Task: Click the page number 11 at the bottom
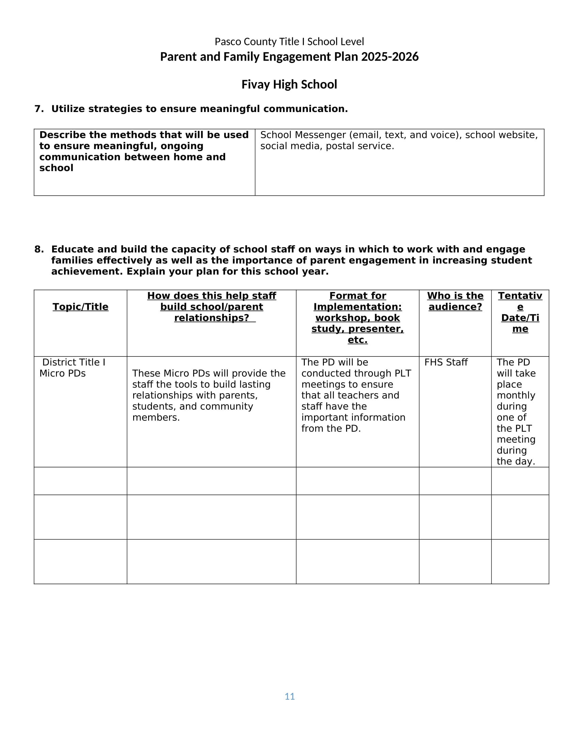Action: [x=289, y=696]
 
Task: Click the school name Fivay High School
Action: [x=289, y=84]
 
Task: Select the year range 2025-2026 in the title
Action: [x=390, y=57]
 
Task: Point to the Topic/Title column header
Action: [x=80, y=307]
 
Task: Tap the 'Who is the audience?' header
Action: [x=455, y=301]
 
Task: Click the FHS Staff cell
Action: [x=446, y=362]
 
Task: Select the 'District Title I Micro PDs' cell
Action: [x=72, y=368]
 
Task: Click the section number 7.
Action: [x=39, y=109]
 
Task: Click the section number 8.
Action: [x=39, y=249]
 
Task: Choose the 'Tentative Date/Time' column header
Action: [x=520, y=312]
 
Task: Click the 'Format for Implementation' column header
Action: [x=357, y=301]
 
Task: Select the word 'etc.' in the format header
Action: [x=357, y=340]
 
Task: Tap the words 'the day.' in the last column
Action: [x=516, y=461]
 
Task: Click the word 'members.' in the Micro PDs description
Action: [x=156, y=417]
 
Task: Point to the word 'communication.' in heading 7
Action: [x=305, y=109]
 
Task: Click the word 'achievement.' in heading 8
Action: [x=87, y=272]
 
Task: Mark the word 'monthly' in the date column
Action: [x=516, y=395]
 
